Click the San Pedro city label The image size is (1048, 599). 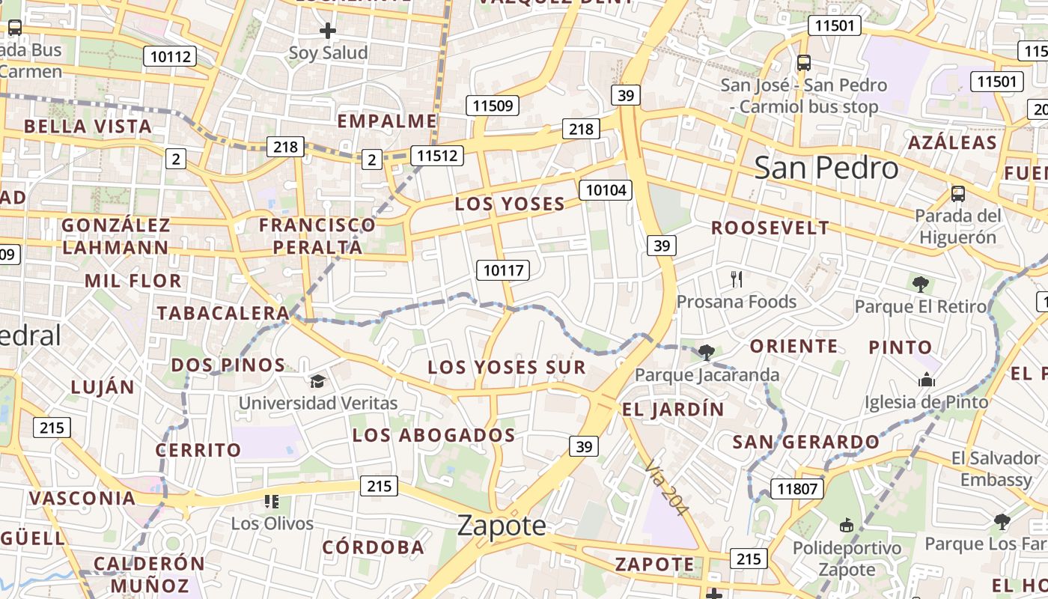[x=826, y=168]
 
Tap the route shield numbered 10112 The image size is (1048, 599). [x=172, y=56]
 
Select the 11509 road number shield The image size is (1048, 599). [x=493, y=106]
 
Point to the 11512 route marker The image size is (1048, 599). [x=437, y=156]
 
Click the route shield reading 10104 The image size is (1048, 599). [x=606, y=189]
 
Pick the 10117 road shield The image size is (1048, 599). [x=503, y=270]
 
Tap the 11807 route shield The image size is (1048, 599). [x=797, y=490]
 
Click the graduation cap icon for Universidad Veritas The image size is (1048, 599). [x=318, y=381]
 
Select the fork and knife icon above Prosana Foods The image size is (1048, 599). [x=737, y=280]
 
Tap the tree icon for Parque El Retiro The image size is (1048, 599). [x=921, y=285]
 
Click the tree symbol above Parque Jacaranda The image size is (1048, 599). [x=706, y=352]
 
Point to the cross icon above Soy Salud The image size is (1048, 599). [x=328, y=31]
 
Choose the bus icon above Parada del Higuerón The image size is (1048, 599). [x=957, y=194]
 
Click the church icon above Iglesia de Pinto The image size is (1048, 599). [x=927, y=380]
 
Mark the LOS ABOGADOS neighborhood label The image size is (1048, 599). [x=433, y=435]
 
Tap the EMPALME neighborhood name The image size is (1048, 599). [x=387, y=121]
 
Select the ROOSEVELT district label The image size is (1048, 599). [x=770, y=228]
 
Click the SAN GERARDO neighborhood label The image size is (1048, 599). [x=805, y=442]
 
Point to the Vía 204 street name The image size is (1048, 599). [x=665, y=487]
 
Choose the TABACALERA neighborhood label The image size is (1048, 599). [x=222, y=313]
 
